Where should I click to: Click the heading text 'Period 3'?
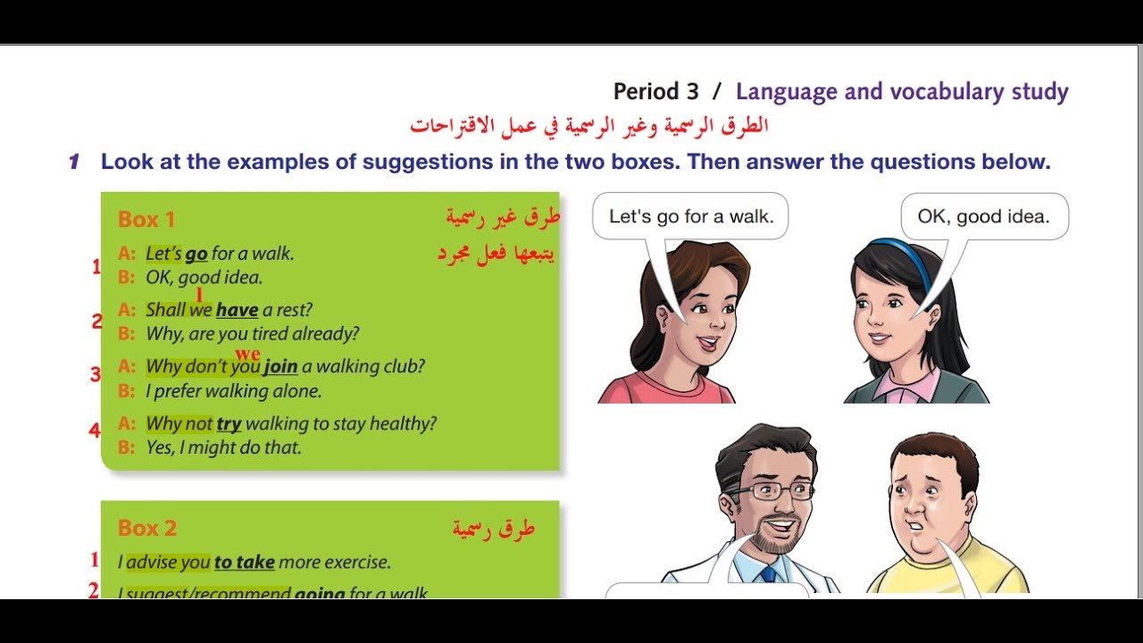pos(656,91)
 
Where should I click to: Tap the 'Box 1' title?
pos(146,219)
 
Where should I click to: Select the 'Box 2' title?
pos(147,528)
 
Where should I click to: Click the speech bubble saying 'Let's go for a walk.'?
pos(690,216)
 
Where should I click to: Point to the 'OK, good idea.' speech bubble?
pos(983,216)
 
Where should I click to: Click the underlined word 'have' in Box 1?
pos(237,310)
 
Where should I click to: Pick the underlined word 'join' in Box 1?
pos(280,366)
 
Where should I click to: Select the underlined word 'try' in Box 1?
pos(229,423)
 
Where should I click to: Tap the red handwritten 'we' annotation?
pos(247,354)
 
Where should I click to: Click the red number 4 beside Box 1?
pos(94,430)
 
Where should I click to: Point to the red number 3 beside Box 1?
pos(95,374)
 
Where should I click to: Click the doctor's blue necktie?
pos(768,574)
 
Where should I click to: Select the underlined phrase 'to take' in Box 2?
pos(244,562)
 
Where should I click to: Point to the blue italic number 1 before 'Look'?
pos(75,162)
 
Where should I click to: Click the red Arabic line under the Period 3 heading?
pos(589,125)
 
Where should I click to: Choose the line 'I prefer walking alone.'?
pos(233,390)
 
